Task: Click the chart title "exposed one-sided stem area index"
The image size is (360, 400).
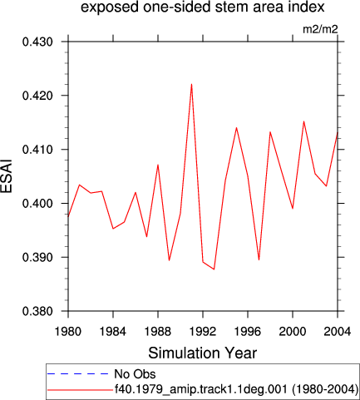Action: (x=203, y=7)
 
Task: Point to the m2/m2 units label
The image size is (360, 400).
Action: (x=320, y=29)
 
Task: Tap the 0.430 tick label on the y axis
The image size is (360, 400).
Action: (x=37, y=42)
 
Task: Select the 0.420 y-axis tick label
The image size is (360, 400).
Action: (x=37, y=96)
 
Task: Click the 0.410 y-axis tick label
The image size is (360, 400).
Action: (x=37, y=150)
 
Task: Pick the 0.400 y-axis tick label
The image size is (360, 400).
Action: (x=37, y=204)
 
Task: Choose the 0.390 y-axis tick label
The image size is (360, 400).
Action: (x=37, y=258)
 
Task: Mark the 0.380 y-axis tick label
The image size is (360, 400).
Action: (x=37, y=311)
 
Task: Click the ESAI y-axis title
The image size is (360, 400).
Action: (x=7, y=175)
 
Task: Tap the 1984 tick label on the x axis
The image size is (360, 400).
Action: (x=113, y=331)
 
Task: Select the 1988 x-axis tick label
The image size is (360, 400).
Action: (x=158, y=331)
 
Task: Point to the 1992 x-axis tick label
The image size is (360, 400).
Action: (x=203, y=331)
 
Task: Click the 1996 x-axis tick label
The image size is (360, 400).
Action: (x=248, y=331)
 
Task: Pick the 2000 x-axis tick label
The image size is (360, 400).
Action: (x=293, y=331)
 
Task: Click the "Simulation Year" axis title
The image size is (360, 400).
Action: (x=203, y=353)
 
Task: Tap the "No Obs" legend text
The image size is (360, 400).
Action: (x=135, y=374)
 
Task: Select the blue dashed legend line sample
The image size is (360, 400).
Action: (x=77, y=374)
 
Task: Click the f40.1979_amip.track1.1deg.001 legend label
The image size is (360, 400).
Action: (x=201, y=389)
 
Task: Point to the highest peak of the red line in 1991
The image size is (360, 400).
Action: (x=191, y=84)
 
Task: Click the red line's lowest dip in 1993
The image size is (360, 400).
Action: (x=214, y=269)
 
